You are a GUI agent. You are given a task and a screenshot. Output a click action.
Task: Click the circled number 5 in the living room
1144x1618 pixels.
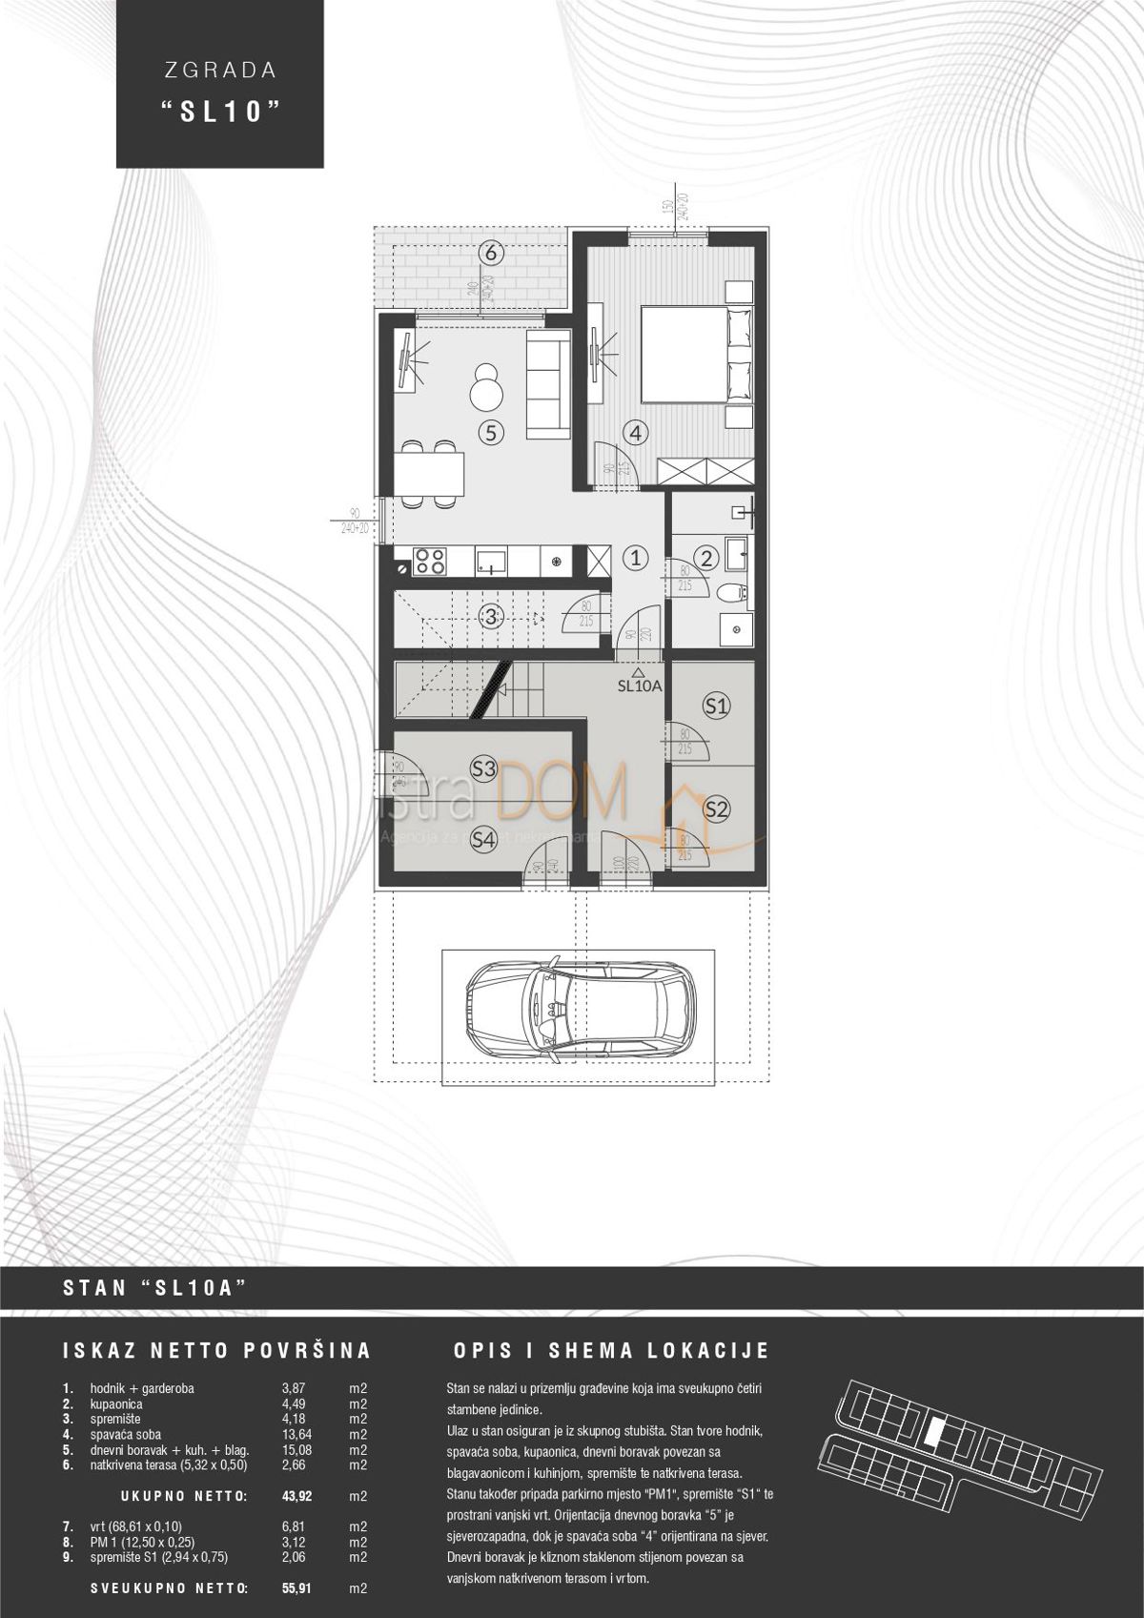pos(490,432)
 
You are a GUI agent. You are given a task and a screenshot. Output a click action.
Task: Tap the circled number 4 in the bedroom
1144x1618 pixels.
pos(637,432)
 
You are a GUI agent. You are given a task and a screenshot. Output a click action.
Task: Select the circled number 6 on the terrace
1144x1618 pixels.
pos(490,254)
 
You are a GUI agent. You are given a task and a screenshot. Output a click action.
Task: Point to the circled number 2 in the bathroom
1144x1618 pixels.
pos(705,558)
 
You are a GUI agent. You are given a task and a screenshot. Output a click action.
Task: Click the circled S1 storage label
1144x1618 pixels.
pos(716,706)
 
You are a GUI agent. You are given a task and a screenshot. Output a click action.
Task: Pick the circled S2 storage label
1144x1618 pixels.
pos(716,809)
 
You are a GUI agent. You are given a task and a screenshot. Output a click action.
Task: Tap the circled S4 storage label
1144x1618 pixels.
pos(484,840)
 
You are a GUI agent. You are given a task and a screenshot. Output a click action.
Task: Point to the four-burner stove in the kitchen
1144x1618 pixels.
pos(427,562)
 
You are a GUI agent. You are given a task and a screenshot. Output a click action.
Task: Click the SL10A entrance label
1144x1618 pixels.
pos(640,685)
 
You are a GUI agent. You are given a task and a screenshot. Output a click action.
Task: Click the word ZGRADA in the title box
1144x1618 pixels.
pos(219,70)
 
